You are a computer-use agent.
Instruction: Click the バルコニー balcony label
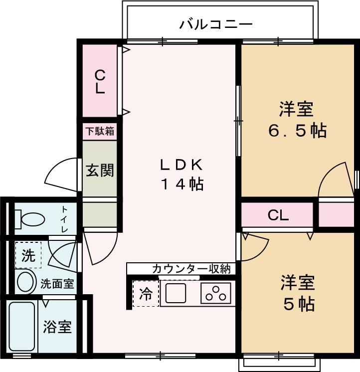coord(215,24)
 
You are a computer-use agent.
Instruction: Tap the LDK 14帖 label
coord(182,175)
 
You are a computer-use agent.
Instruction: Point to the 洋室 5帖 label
coord(298,293)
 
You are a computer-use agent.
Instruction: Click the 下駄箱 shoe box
coord(100,131)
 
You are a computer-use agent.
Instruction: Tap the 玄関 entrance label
coord(100,170)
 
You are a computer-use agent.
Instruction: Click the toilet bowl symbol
coord(29,219)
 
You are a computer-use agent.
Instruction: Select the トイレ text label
coord(64,219)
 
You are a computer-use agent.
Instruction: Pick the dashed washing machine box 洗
coord(28,255)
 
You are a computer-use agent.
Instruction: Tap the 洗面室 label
coord(57,284)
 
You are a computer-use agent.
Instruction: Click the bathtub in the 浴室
coord(22,327)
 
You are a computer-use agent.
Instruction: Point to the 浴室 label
coord(57,327)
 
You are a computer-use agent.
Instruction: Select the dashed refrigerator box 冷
coord(146,294)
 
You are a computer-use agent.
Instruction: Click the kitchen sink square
coord(176,293)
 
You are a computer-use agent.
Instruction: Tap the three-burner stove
coord(216,293)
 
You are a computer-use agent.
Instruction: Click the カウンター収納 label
coord(191,269)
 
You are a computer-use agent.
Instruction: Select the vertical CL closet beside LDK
coord(100,81)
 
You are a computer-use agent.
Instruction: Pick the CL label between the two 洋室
coord(278,215)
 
